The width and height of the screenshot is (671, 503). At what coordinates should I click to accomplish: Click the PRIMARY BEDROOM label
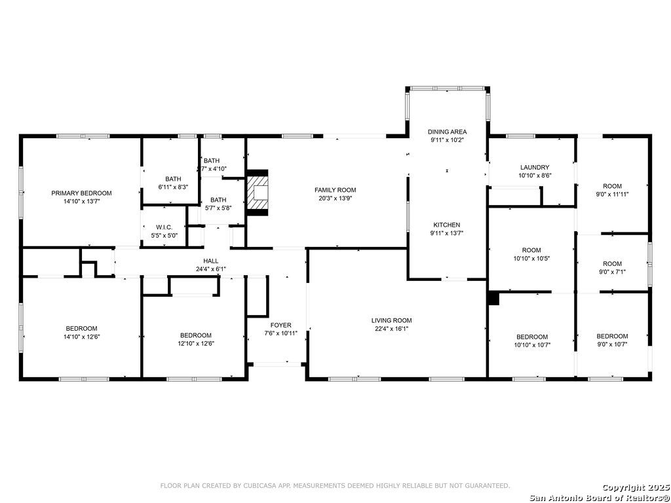tap(81, 193)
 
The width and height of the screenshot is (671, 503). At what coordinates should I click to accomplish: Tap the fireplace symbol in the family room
tap(257, 193)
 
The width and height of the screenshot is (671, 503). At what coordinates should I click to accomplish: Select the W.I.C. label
tap(164, 227)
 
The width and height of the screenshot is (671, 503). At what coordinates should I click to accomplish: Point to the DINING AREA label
tap(447, 132)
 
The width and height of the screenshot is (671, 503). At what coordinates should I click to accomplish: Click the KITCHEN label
tap(447, 225)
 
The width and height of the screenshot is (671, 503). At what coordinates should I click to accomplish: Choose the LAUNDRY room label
tap(535, 167)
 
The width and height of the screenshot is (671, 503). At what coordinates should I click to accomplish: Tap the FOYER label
tap(280, 325)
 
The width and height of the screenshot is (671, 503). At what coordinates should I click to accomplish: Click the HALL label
tap(210, 261)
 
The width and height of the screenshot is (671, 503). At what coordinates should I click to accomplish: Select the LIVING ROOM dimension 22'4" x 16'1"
tap(391, 329)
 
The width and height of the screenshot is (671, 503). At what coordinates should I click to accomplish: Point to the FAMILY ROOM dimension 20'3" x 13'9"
tap(335, 198)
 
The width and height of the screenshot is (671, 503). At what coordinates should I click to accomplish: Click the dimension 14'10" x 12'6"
tap(81, 336)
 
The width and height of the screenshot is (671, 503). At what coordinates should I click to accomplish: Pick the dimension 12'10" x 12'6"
tap(195, 343)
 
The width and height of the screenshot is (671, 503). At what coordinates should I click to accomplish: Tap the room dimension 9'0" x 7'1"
tap(613, 271)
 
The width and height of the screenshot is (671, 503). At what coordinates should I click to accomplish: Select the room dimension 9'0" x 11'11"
tap(613, 194)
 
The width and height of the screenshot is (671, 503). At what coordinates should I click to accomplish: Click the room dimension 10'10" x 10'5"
tap(531, 258)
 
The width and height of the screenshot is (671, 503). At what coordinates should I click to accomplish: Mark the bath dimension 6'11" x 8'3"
tap(173, 187)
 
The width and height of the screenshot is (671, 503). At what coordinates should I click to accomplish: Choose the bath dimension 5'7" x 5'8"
tap(218, 208)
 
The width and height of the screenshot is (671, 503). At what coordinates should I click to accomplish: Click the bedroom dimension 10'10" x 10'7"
tap(531, 345)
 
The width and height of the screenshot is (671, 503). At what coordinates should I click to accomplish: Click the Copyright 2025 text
tap(636, 487)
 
